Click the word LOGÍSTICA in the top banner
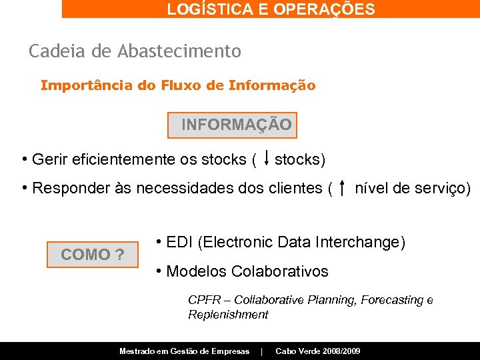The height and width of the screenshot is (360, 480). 197,9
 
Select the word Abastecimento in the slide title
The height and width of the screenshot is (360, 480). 179,51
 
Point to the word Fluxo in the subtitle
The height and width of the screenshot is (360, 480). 185,86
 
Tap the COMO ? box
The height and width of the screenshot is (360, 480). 92,254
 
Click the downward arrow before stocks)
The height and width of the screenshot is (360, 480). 266,157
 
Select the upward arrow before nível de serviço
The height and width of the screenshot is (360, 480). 342,188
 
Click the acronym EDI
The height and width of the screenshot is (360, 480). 179,243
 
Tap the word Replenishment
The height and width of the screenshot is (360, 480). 228,315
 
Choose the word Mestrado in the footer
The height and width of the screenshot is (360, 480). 139,351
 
